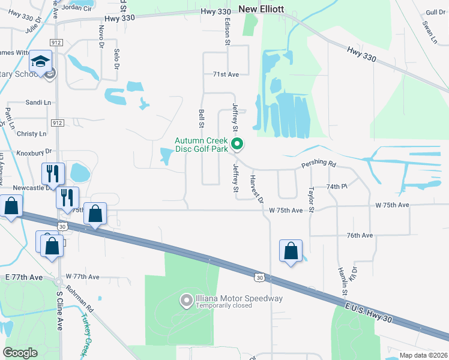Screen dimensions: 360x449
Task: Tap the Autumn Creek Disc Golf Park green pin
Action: pos(238,144)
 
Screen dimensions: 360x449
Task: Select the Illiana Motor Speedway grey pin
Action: pos(186,300)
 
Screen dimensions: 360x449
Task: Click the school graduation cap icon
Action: pos(41,62)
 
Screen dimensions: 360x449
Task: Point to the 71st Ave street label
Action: pos(226,74)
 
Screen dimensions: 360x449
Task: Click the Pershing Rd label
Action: pos(319,163)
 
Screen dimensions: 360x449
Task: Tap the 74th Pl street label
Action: pos(337,187)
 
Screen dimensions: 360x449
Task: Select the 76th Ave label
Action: pos(359,235)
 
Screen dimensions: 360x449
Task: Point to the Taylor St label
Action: pos(312,199)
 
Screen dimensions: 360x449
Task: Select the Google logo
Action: pos(20,353)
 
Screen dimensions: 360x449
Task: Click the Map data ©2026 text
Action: pos(423,355)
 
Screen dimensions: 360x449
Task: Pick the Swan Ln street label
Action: pos(428,33)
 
